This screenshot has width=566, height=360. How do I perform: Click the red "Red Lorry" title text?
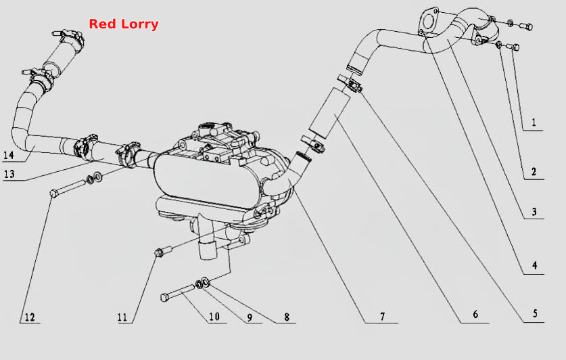tap(124, 24)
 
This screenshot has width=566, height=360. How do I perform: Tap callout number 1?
tap(534, 122)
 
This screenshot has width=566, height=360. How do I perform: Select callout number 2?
tap(534, 171)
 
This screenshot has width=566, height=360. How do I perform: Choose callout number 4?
tap(535, 265)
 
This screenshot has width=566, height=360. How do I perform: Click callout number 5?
tap(536, 313)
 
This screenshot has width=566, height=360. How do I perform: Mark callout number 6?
tap(475, 314)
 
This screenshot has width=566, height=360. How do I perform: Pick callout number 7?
tap(382, 317)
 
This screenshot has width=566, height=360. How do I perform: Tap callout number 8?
tap(287, 317)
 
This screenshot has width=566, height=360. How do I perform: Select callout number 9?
tap(250, 318)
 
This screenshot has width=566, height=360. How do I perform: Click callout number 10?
tap(214, 317)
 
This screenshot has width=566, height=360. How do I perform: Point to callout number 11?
tap(122, 317)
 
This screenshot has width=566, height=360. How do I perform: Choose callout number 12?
tap(30, 317)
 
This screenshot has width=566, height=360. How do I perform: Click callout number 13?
tap(9, 174)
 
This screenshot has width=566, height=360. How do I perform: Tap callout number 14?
tap(8, 155)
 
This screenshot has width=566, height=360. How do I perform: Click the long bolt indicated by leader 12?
tap(68, 187)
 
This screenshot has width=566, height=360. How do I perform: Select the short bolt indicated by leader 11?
tap(164, 251)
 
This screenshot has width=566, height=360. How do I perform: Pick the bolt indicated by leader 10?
tap(178, 292)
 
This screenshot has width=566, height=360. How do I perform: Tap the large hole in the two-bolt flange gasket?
tap(427, 20)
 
